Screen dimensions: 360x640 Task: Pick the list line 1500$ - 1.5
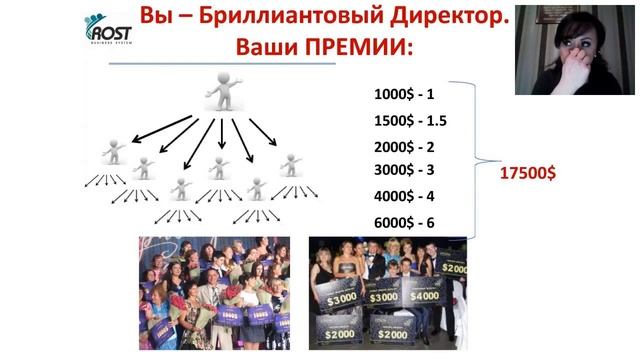coord(410,120)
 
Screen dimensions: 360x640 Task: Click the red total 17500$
coord(528,173)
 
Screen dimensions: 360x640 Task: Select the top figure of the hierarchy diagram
coord(226,92)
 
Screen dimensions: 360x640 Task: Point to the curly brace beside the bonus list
coord(476,160)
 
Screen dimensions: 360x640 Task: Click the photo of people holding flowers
coord(214,293)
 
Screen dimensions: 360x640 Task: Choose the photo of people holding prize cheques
coord(388,293)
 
